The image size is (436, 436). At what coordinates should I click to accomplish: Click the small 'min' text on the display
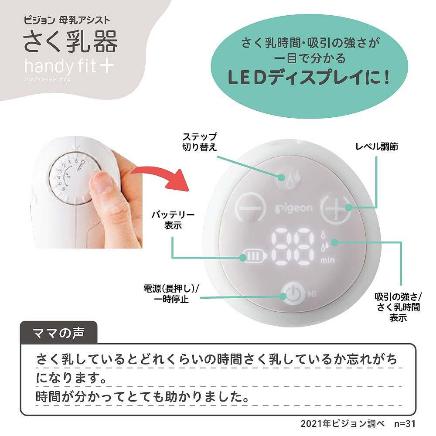327,261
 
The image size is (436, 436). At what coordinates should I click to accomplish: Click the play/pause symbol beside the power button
312,293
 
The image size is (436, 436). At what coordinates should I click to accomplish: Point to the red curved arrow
161,176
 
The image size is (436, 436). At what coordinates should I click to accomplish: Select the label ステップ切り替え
199,142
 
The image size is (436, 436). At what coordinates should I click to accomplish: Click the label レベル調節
377,146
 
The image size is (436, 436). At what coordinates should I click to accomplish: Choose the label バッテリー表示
173,220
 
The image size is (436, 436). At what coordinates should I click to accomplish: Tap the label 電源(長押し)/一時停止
171,293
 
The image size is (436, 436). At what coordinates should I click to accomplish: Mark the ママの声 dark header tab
59,333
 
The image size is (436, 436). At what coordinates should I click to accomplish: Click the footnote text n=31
405,423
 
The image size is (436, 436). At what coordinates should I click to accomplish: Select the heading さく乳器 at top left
71,41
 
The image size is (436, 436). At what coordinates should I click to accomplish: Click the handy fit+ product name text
69,66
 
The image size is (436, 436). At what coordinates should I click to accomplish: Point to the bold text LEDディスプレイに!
309,78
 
